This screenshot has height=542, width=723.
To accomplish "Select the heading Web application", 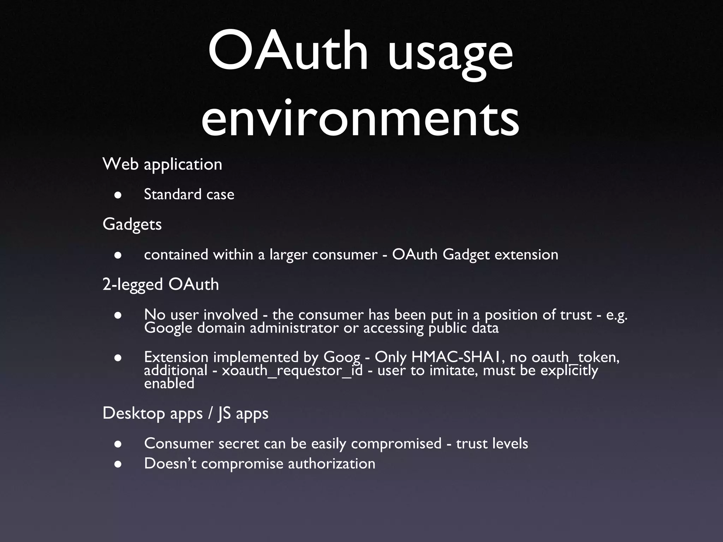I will pos(162,164).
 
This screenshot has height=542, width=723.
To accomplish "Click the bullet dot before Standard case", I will pos(118,195).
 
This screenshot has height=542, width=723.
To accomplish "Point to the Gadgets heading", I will pos(132,224).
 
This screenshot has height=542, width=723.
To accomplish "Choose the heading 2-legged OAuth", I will pos(161,284).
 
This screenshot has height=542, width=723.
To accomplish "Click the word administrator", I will pos(294,328).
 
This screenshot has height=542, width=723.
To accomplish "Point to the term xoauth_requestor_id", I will pos(292,371).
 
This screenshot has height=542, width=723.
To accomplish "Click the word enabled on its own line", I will pos(169,384).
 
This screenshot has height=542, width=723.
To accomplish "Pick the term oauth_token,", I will pos(575,357).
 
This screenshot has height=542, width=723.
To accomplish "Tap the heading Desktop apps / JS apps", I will pos(185,413).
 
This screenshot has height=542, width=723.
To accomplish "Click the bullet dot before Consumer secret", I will pos(118,444).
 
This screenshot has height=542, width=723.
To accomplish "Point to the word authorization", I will pos(331,464).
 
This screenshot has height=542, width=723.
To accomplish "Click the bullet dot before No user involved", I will pos(118,315).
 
